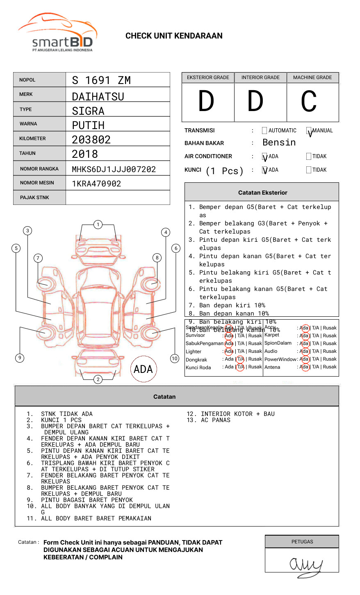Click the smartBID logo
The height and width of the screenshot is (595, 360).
57,33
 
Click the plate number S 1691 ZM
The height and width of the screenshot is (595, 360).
101,80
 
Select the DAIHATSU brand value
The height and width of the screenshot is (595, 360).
98,97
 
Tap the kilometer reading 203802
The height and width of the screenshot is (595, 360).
91,140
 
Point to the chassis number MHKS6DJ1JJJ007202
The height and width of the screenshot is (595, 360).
114,169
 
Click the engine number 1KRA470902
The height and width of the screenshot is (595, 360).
96,184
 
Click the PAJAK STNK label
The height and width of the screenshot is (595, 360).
34,198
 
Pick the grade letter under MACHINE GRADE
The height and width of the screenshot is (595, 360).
309,101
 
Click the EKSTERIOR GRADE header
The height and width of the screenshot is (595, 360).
208,77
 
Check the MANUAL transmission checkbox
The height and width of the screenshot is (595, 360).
309,131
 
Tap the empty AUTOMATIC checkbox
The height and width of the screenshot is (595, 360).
264,131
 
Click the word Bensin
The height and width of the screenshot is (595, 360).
279,143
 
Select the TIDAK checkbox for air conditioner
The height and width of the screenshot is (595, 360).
309,157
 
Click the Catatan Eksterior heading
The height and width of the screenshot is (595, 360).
262,193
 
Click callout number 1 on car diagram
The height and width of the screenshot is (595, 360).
98,225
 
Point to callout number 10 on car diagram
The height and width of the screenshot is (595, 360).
175,359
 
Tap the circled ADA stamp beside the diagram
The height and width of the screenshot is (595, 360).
143,369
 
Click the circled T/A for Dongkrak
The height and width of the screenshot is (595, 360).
240,359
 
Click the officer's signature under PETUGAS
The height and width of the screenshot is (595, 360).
305,565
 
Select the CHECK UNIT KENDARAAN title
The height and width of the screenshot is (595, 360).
174,36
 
